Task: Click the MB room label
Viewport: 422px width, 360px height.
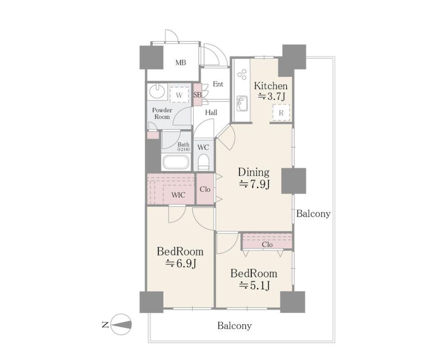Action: (181, 63)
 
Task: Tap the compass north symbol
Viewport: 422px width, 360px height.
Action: (121, 324)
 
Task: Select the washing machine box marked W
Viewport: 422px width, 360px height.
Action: (179, 95)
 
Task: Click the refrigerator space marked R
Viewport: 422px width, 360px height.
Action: (281, 112)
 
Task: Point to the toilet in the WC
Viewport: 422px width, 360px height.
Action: (203, 162)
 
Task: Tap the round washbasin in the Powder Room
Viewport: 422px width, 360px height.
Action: (157, 91)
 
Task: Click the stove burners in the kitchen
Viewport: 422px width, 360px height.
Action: (242, 74)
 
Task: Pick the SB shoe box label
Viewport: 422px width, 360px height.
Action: (198, 95)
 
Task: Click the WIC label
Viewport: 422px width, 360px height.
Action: (178, 194)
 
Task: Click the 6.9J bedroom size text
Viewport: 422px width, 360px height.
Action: (180, 263)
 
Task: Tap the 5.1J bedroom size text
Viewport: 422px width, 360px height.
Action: (254, 285)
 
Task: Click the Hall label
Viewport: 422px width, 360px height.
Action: (211, 112)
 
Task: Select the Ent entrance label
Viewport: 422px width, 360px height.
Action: (218, 84)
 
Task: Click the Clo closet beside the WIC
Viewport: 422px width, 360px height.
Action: (205, 189)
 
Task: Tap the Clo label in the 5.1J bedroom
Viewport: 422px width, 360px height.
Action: (267, 245)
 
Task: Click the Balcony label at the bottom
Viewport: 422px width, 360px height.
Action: (234, 326)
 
